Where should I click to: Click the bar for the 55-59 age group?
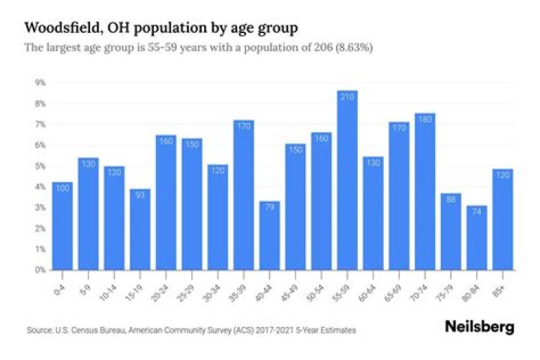pyautogui.click(x=347, y=180)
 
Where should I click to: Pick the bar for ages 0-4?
pyautogui.click(x=62, y=225)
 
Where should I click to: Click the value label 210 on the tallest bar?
pyautogui.click(x=347, y=97)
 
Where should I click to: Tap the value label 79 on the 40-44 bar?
pyautogui.click(x=269, y=208)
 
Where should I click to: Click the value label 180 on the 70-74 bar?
pyautogui.click(x=425, y=119)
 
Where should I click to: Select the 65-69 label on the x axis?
pyautogui.click(x=397, y=285)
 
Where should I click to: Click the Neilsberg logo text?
pyautogui.click(x=480, y=327)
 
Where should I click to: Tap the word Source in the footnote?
pyautogui.click(x=37, y=330)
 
